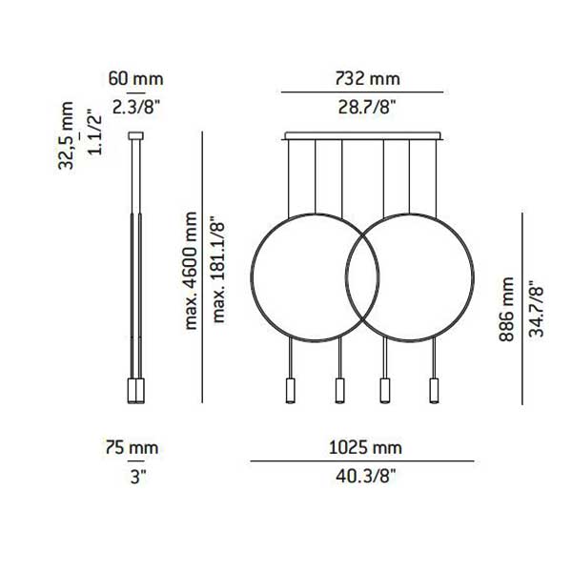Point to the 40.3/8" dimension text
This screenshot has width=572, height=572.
[x=362, y=475]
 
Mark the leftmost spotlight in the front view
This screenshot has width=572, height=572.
[x=290, y=390]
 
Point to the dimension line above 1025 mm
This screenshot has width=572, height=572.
[x=362, y=461]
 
